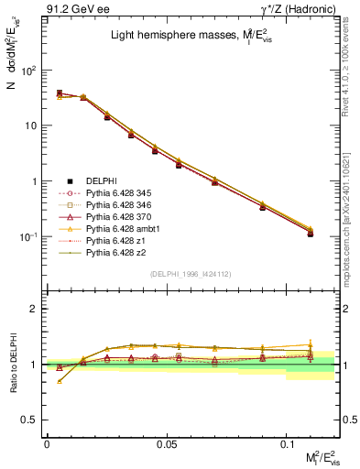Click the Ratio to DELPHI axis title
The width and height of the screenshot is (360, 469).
(x=12, y=365)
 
